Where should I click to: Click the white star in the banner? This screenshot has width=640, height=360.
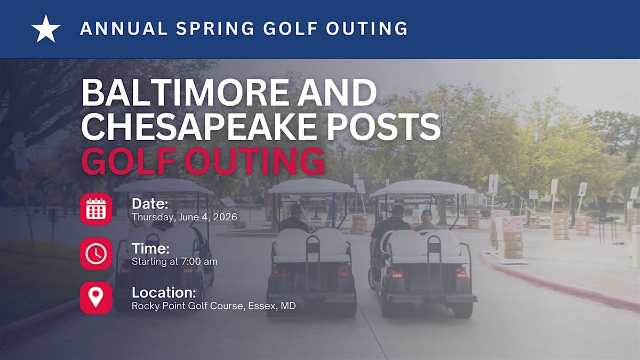click(46, 29)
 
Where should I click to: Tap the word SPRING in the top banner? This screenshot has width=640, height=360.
click(215, 29)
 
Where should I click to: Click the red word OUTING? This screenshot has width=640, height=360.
click(254, 161)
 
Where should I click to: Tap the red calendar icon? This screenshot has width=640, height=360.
click(96, 209)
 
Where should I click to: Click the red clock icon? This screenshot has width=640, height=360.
click(96, 253)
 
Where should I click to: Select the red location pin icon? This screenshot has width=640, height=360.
click(96, 298)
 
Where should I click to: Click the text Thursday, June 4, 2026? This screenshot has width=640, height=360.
click(185, 217)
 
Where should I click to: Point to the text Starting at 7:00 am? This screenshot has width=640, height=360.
click(174, 261)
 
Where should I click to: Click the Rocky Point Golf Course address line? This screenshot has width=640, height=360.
click(213, 306)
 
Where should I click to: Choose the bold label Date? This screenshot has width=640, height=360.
click(150, 204)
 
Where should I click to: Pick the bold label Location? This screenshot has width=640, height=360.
click(164, 293)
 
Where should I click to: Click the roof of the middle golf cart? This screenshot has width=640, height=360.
click(311, 186)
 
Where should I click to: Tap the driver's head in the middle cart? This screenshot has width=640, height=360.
click(296, 210)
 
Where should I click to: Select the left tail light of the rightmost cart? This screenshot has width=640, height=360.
click(395, 274)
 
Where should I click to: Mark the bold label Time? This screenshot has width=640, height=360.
click(150, 249)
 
